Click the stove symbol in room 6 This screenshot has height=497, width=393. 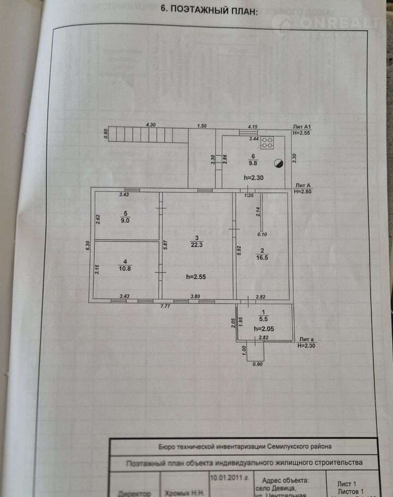[267, 143]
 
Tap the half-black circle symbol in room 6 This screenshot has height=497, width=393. [278, 163]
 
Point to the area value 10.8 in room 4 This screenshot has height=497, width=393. [126, 268]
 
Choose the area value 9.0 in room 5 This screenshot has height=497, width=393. [125, 221]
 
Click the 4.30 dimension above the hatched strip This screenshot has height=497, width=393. [151, 126]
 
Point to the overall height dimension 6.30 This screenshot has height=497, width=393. [87, 246]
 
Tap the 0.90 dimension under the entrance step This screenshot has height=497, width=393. [258, 364]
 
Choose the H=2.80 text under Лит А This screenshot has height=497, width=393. [304, 192]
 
